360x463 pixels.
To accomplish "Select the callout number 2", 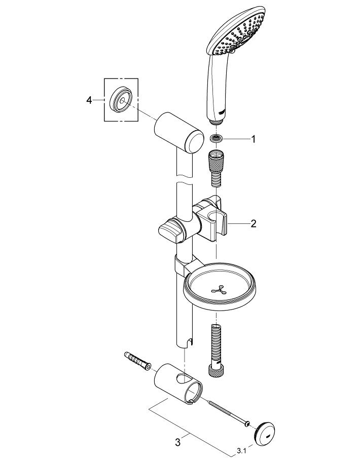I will (253, 223).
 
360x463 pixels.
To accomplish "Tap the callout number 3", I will (177, 442).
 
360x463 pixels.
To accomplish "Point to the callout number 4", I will (90, 100).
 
